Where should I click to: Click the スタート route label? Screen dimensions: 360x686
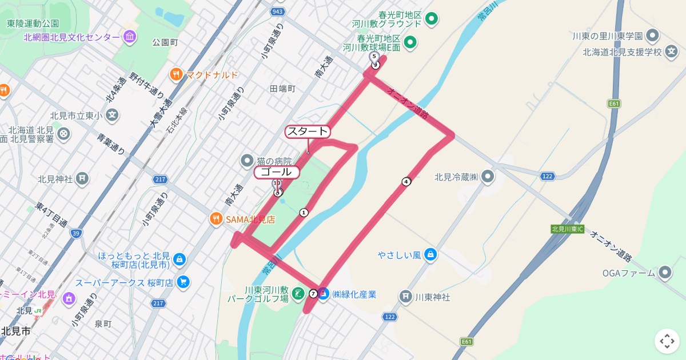pos(308,132)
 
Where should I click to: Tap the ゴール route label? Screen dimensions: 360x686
pos(276,172)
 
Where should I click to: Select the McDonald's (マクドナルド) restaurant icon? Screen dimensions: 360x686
pos(176,74)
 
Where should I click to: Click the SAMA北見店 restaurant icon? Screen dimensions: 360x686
pos(216,219)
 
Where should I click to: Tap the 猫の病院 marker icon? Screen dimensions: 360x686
pos(247,161)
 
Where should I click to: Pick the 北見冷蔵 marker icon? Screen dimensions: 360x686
pos(487,177)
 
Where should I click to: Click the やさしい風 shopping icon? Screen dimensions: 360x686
pos(431,254)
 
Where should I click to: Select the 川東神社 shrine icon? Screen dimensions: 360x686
pos(405,297)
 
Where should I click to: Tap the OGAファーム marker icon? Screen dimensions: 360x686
pos(665,273)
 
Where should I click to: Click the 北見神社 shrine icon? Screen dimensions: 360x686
pos(82,178)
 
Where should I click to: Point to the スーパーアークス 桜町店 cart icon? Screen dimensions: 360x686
pos(184,282)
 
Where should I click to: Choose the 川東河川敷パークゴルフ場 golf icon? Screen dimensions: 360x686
pos(297,294)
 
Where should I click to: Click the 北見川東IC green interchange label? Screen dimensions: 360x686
pos(567,229)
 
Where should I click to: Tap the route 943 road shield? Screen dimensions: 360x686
pos(278,12)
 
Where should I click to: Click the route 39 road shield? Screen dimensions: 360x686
pos(76,233)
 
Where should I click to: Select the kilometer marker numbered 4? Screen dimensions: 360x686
pos(406,182)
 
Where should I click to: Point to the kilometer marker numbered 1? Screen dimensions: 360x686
pos(304,213)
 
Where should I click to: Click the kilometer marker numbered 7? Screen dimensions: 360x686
pos(313,294)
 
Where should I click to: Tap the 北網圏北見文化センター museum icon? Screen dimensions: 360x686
pos(130,37)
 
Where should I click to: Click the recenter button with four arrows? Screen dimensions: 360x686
pos(667,341)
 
